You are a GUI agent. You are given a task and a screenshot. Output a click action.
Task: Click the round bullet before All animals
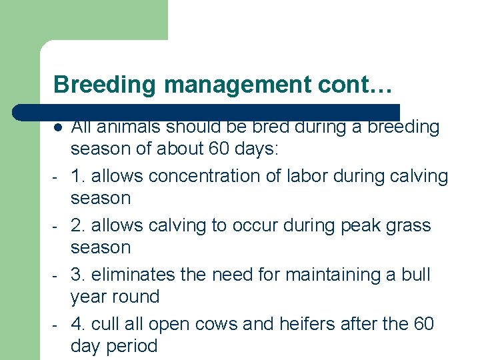(x=59, y=127)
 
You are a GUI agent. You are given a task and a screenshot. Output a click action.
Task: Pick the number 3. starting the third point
(x=78, y=275)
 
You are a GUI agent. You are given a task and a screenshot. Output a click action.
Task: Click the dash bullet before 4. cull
(x=58, y=325)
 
